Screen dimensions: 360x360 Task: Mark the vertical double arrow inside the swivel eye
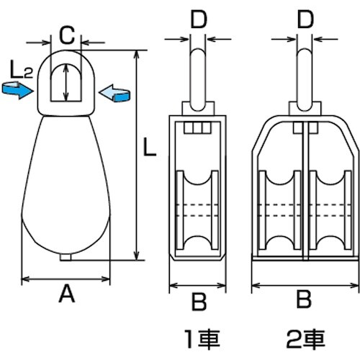point(66,82)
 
